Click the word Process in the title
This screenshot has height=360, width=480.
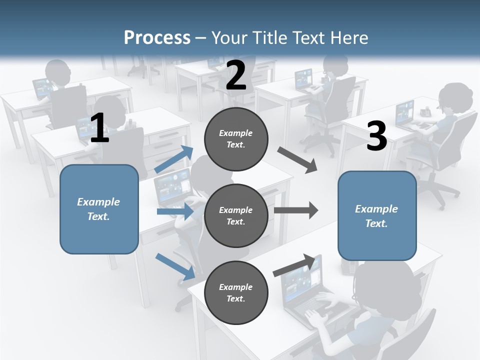(157, 37)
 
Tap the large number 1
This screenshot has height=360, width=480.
(99, 128)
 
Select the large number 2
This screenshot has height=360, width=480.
(236, 75)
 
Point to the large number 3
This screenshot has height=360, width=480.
(376, 136)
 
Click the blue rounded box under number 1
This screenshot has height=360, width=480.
(99, 209)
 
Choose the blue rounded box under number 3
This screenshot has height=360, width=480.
(377, 216)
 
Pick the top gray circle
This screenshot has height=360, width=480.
(236, 139)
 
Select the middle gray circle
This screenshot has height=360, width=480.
(236, 215)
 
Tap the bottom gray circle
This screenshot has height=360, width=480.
(236, 292)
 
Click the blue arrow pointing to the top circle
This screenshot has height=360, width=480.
(174, 159)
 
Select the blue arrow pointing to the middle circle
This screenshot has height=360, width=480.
(175, 211)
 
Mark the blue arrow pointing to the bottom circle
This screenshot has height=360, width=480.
(175, 266)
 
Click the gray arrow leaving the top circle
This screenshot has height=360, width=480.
(297, 160)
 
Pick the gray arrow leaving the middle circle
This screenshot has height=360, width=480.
(296, 210)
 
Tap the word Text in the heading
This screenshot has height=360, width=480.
(305, 37)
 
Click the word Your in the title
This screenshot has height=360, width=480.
(228, 37)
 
